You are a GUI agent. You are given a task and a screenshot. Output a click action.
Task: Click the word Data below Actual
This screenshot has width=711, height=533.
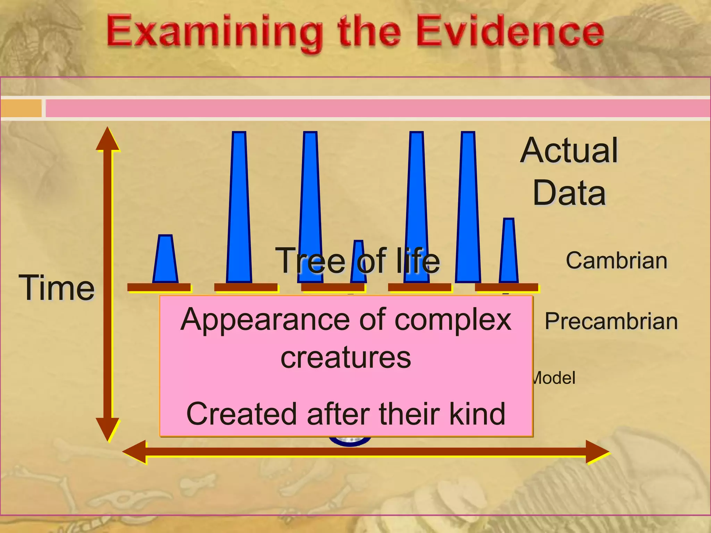tap(569, 193)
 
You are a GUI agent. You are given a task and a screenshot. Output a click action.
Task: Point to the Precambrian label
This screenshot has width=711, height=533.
tap(611, 321)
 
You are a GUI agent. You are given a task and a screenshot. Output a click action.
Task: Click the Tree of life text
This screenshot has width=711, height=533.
tap(358, 261)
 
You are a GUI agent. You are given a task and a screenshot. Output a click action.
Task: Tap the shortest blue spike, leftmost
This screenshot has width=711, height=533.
tap(165, 260)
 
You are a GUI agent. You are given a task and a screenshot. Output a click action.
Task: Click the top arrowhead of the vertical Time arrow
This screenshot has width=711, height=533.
tap(108, 139)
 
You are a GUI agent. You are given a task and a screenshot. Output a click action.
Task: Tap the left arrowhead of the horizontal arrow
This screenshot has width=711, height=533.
tap(134, 452)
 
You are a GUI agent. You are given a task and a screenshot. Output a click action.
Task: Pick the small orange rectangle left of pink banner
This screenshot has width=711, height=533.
tap(21, 108)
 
